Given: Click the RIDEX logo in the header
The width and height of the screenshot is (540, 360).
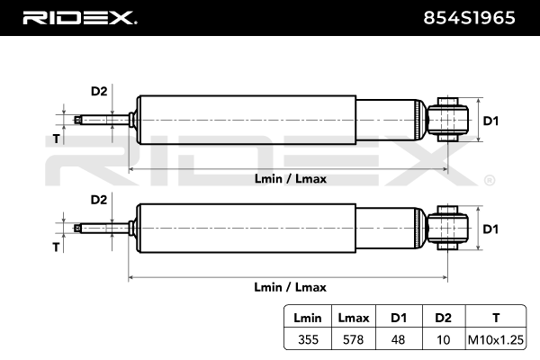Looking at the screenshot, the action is pyautogui.click(x=80, y=18).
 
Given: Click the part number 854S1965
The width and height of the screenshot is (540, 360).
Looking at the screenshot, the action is pyautogui.click(x=469, y=18).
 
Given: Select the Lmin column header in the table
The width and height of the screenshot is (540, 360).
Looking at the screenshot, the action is pyautogui.click(x=308, y=318).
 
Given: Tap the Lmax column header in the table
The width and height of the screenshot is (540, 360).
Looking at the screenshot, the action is pyautogui.click(x=354, y=318).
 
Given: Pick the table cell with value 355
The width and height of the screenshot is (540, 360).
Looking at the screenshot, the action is pyautogui.click(x=308, y=339).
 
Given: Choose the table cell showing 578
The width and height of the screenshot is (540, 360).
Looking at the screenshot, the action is pyautogui.click(x=354, y=339).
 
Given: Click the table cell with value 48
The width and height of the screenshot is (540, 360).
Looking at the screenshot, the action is pyautogui.click(x=398, y=339).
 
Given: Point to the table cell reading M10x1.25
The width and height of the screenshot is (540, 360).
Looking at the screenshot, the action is pyautogui.click(x=496, y=339).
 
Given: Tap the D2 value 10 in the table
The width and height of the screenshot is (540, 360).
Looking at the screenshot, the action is pyautogui.click(x=443, y=339).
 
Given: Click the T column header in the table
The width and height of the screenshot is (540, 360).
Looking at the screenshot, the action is pyautogui.click(x=496, y=318).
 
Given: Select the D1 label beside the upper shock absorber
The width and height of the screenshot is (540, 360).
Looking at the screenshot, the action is pyautogui.click(x=490, y=121).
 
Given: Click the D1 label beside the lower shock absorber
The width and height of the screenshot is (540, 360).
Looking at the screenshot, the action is pyautogui.click(x=490, y=229).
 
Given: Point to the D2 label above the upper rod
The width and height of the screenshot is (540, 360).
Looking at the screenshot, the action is pyautogui.click(x=99, y=91).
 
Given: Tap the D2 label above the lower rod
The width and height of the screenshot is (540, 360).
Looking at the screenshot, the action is pyautogui.click(x=99, y=200).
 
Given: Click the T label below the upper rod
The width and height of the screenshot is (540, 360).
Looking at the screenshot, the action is pyautogui.click(x=56, y=139).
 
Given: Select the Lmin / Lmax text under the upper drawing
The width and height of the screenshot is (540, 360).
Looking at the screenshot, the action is pyautogui.click(x=291, y=179).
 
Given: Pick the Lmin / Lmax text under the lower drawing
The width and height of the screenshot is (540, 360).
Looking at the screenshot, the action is pyautogui.click(x=291, y=287).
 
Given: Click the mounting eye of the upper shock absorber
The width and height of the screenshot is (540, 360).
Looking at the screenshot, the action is pyautogui.click(x=447, y=120).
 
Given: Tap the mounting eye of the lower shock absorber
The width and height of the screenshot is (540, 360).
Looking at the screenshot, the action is pyautogui.click(x=447, y=228).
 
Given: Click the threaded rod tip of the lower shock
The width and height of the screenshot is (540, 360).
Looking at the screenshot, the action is pyautogui.click(x=78, y=228).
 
